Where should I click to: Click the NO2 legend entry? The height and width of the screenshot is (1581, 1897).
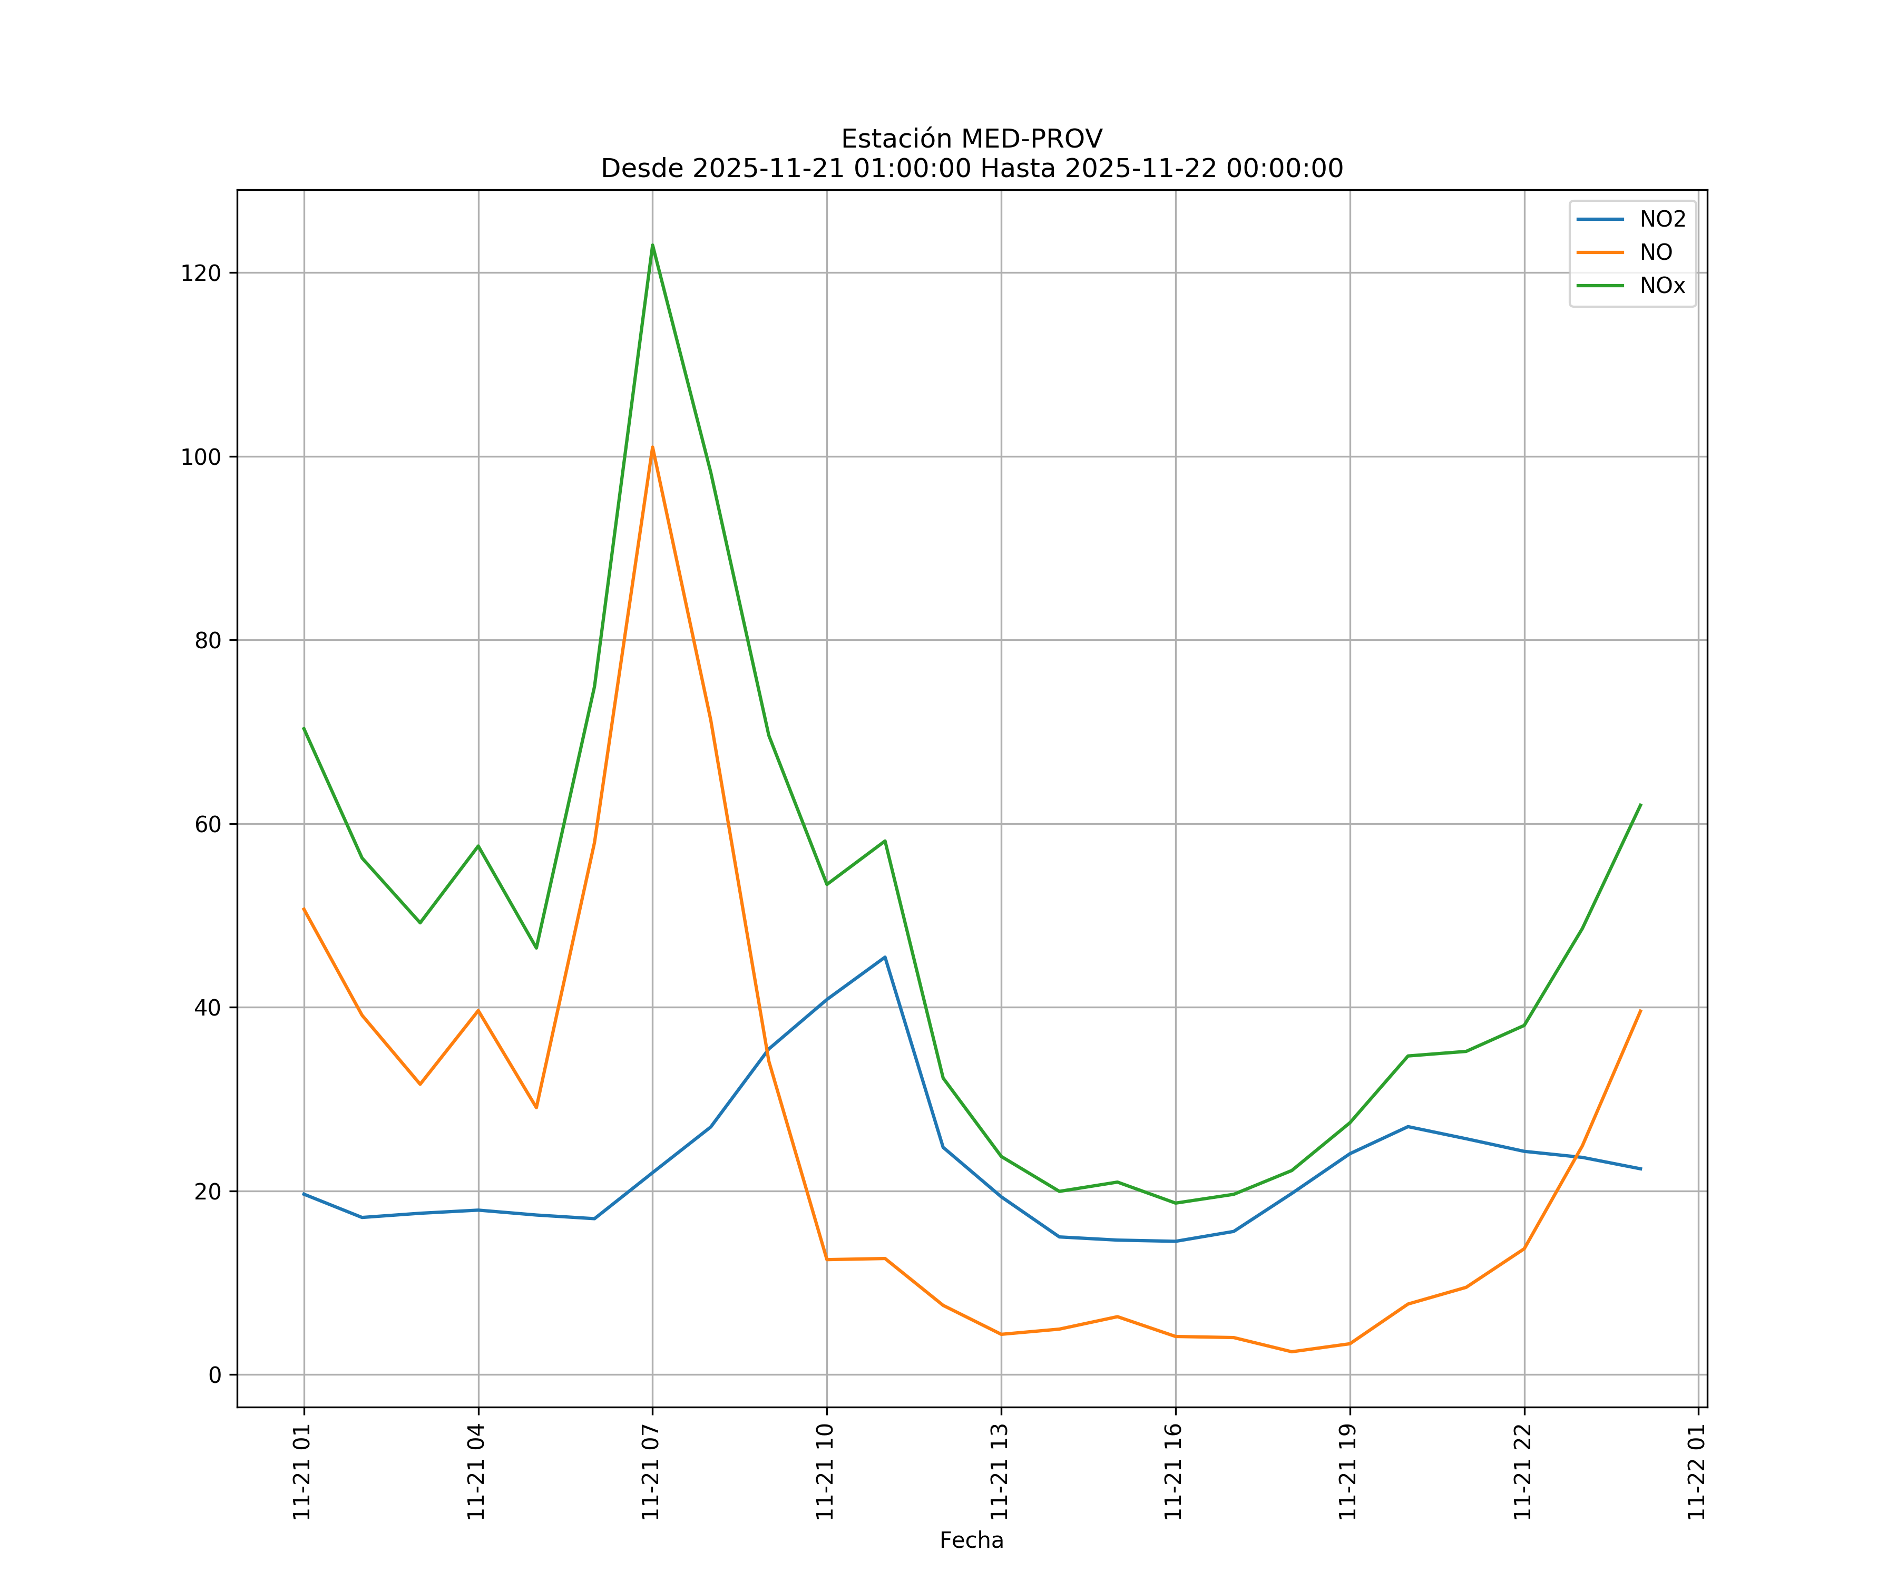(1662, 220)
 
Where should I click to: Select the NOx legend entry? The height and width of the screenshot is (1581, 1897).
(1662, 286)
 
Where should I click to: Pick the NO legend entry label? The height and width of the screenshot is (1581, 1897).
(1656, 253)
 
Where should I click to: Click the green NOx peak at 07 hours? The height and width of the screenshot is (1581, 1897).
(652, 245)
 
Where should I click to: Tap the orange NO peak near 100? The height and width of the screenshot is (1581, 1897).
(652, 447)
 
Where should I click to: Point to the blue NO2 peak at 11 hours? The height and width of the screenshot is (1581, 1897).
(884, 957)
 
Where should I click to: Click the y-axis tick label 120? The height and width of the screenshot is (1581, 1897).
(201, 273)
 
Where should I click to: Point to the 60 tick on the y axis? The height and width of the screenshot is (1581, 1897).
(207, 824)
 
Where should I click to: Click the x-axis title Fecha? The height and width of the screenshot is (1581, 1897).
(971, 1540)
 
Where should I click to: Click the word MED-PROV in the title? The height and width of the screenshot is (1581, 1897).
(1032, 139)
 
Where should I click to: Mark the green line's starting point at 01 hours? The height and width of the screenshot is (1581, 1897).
(304, 728)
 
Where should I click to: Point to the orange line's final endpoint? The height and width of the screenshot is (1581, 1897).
(1640, 1011)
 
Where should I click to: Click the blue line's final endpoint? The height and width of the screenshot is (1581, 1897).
(1640, 1169)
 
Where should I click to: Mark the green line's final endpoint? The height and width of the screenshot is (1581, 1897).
(1640, 805)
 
